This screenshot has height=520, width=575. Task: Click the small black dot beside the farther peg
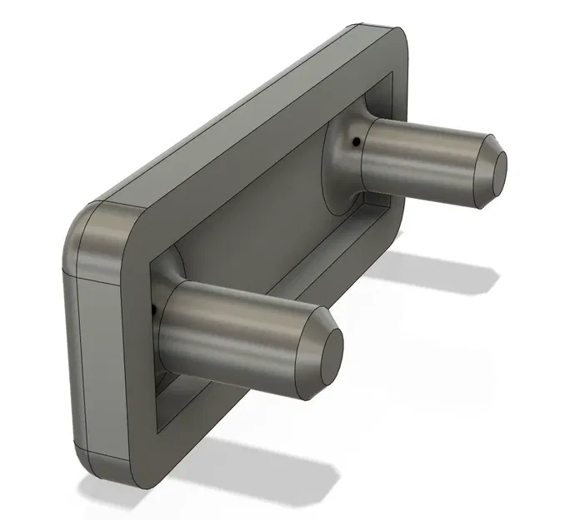[357, 142]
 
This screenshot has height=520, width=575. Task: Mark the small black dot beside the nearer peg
[155, 310]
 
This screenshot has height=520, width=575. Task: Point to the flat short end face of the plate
[72, 358]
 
